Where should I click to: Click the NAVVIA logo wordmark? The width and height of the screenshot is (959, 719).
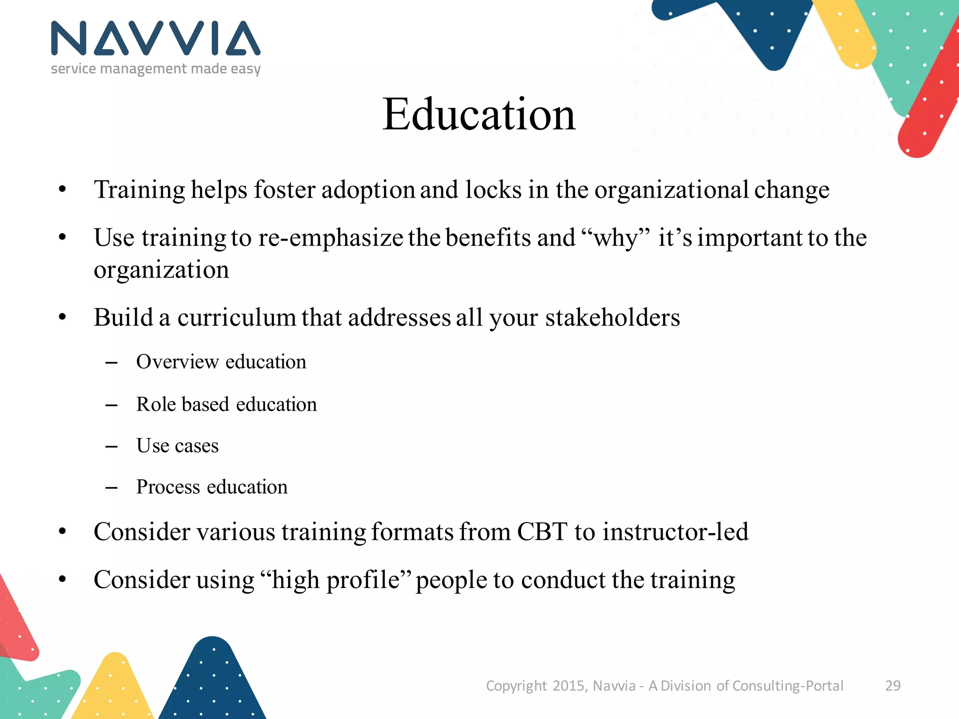click(155, 38)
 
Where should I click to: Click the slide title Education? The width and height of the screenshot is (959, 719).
click(479, 114)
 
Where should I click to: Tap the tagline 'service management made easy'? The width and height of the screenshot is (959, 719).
click(155, 69)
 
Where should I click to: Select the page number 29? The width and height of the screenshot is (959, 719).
click(893, 685)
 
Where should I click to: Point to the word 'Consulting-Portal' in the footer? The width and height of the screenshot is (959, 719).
click(788, 685)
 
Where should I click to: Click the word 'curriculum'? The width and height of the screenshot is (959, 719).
click(236, 317)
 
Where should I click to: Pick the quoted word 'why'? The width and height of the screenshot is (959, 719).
click(616, 238)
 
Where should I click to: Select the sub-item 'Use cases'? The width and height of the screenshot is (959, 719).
click(177, 446)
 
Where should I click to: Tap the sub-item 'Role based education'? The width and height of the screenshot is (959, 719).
click(227, 404)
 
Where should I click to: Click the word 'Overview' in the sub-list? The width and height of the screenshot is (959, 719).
click(177, 362)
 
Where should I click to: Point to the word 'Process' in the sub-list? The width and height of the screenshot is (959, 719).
click(168, 487)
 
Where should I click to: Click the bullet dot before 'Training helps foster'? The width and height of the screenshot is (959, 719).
click(63, 190)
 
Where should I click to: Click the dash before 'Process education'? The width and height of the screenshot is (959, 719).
click(111, 488)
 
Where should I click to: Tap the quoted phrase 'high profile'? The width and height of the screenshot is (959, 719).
click(336, 580)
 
